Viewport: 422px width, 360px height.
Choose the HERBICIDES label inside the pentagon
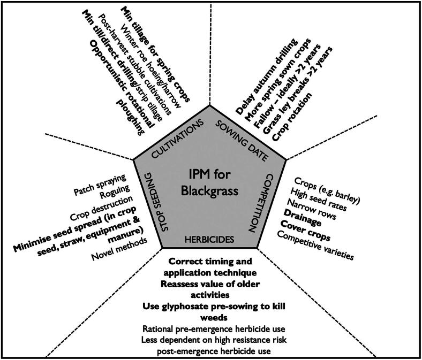pos(209,240)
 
